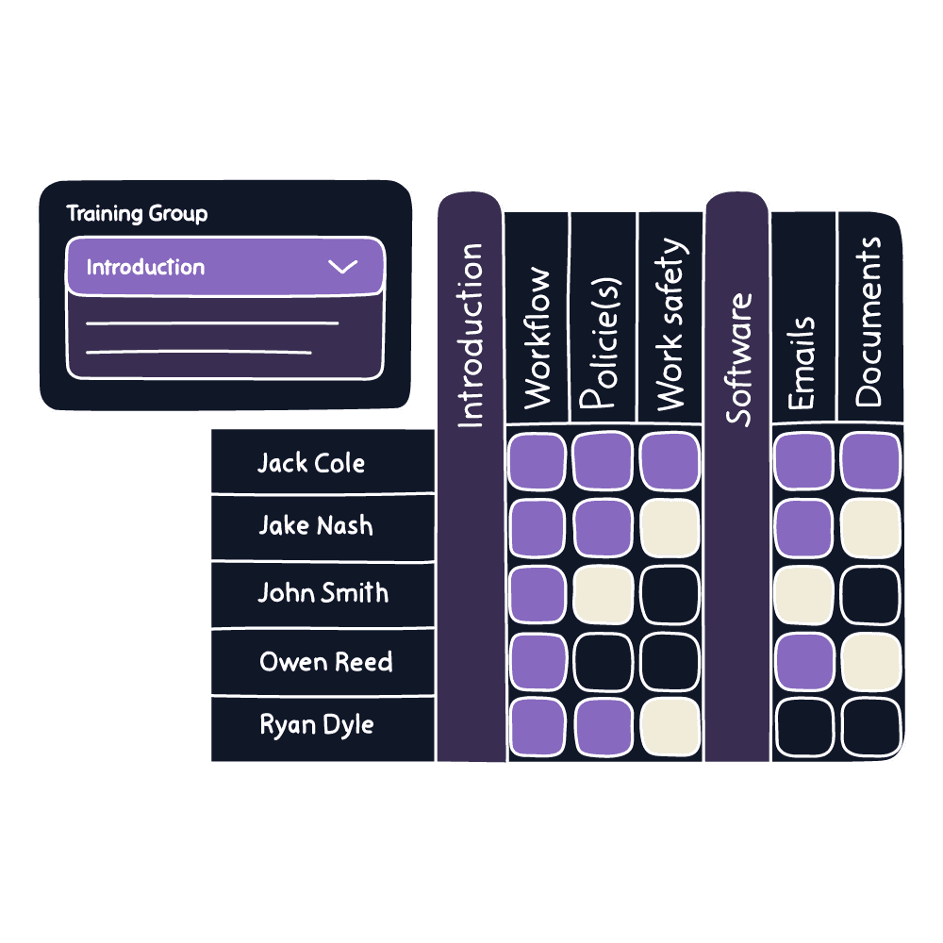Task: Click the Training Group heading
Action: pos(137,214)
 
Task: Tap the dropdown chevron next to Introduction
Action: pos(342,267)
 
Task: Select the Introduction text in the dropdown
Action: pos(145,267)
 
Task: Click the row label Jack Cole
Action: pos(311,462)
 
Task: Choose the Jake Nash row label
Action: pos(315,526)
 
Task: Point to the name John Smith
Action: pos(323,593)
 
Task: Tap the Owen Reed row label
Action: pos(325,662)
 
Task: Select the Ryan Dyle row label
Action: pos(317,725)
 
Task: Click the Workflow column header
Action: pos(537,338)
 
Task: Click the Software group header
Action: pos(738,358)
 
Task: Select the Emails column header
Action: pos(802,363)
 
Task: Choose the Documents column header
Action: pos(869,321)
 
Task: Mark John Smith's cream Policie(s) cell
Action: pos(603,594)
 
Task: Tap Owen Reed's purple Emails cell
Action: pos(803,662)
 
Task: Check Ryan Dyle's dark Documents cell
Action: pos(869,727)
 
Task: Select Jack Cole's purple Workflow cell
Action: pos(537,461)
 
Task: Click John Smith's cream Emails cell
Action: pos(803,594)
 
